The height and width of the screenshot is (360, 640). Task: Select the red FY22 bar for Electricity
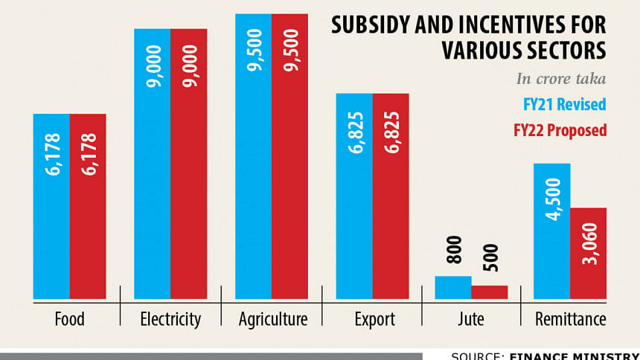[188, 164]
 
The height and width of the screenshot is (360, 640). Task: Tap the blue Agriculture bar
[254, 156]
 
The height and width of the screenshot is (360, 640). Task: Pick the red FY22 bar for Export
[391, 196]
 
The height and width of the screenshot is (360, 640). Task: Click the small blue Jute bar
[453, 287]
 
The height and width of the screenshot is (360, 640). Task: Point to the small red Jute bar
[489, 292]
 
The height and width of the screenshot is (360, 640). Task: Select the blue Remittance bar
[552, 231]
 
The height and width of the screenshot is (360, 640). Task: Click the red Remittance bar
[589, 253]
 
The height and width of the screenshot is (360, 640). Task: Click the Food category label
[69, 320]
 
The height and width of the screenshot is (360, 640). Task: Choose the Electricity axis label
[170, 320]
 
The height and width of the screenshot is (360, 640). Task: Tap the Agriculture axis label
[272, 320]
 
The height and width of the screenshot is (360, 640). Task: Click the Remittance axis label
[570, 320]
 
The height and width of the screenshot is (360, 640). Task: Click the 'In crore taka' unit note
[561, 79]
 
